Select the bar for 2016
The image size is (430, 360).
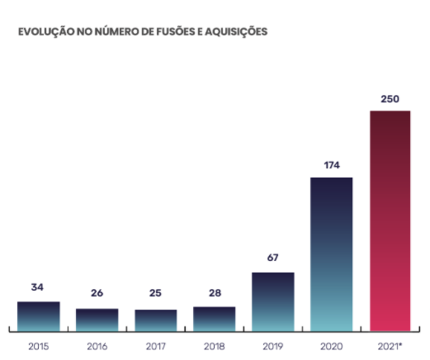tap(97, 320)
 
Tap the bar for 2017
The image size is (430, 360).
tap(155, 320)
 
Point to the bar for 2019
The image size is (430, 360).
tap(272, 301)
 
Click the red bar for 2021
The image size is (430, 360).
tap(390, 220)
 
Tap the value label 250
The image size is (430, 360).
tap(390, 99)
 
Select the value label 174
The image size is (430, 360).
tap(331, 164)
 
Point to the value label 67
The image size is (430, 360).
tap(272, 258)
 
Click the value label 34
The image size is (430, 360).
tap(38, 287)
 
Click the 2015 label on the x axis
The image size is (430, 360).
tap(38, 347)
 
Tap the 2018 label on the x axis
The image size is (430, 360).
tap(214, 347)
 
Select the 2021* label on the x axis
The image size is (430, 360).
tap(390, 347)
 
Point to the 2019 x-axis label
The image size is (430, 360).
tap(272, 347)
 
